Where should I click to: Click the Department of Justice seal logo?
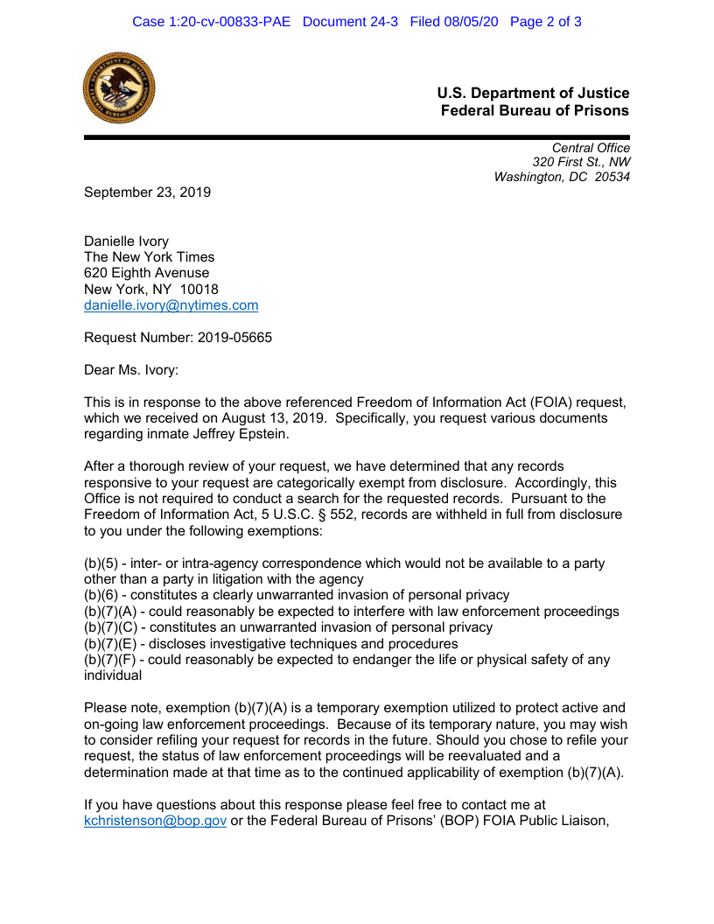[119, 87]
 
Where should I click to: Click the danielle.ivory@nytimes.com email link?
[171, 305]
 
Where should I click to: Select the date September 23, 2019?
[147, 192]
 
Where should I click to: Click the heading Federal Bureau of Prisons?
[534, 111]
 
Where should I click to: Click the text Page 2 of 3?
[545, 21]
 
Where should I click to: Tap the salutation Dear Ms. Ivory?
[131, 370]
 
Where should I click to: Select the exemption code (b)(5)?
[100, 563]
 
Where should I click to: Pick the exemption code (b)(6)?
[100, 595]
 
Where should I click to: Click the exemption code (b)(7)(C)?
[109, 627]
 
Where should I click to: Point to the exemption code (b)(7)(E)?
[109, 644]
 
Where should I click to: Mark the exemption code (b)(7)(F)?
[109, 660]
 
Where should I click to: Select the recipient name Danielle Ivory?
[126, 241]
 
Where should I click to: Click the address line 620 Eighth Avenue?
[146, 273]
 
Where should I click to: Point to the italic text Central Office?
[591, 148]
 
